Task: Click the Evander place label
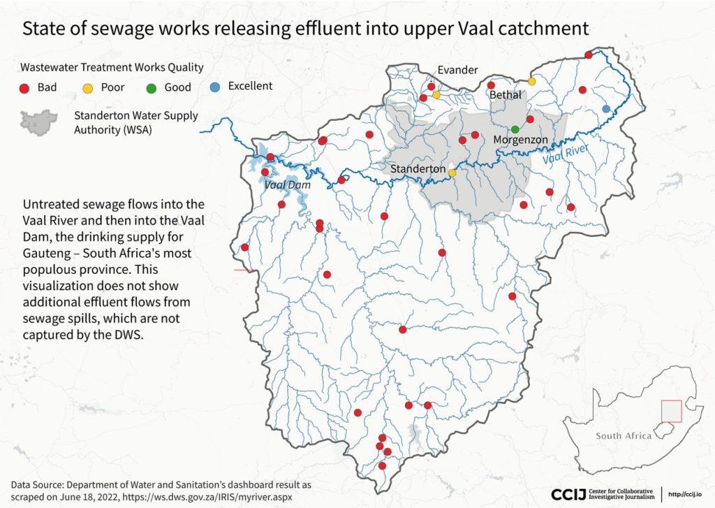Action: (458, 70)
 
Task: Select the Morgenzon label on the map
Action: (520, 140)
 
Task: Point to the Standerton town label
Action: (418, 169)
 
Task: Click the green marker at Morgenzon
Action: (515, 129)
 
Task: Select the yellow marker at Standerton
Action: (452, 173)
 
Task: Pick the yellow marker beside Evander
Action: (436, 94)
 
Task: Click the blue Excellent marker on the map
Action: (606, 108)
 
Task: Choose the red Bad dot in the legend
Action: (24, 87)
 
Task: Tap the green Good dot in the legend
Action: (150, 87)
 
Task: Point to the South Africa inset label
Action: (623, 436)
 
